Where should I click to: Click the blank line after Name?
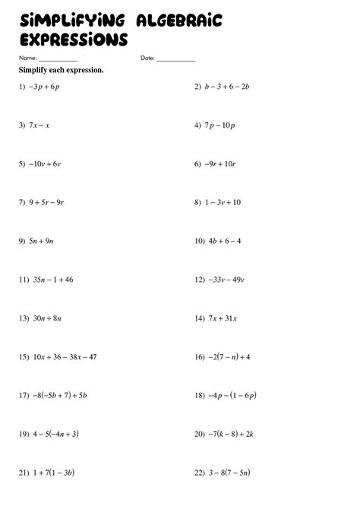pyautogui.click(x=58, y=59)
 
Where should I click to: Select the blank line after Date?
pyautogui.click(x=176, y=59)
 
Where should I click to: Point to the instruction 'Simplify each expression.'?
pyautogui.click(x=61, y=70)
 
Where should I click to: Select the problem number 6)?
pyautogui.click(x=198, y=163)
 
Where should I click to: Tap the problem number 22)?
pyautogui.click(x=200, y=473)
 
